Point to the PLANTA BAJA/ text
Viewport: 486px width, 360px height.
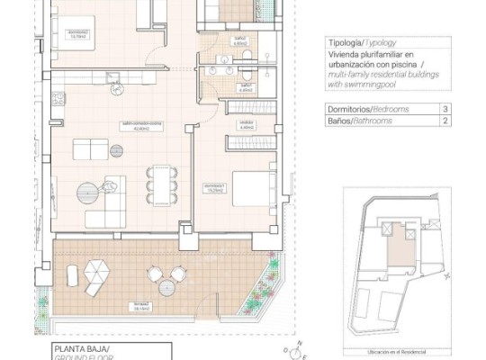click(76, 347)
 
